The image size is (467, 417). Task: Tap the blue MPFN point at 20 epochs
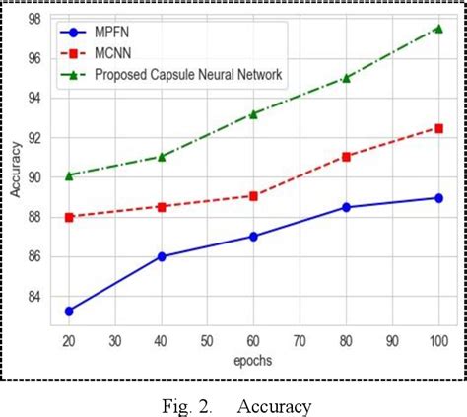click(69, 311)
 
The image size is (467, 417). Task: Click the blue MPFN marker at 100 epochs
click(437, 198)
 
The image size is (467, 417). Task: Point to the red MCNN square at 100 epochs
click(437, 128)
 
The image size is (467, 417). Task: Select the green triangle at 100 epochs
click(437, 29)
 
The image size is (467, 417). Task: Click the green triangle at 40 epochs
click(162, 156)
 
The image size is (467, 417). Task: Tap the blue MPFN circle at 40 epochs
click(162, 256)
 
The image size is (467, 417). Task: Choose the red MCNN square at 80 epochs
click(346, 156)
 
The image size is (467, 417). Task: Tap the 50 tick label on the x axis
click(207, 340)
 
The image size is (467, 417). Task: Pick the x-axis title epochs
click(253, 360)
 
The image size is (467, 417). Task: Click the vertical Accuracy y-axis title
click(16, 172)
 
